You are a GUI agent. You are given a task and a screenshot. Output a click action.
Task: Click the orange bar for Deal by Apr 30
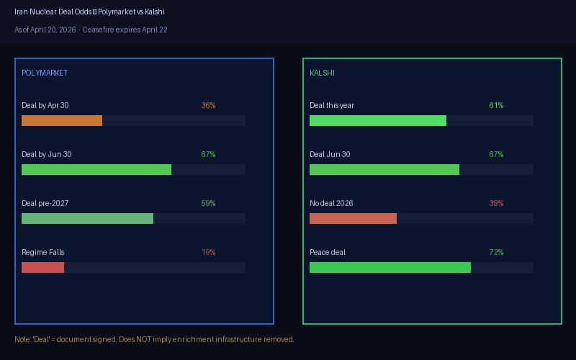tap(62, 120)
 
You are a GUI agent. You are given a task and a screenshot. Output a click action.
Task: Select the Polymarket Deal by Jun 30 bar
tap(96, 169)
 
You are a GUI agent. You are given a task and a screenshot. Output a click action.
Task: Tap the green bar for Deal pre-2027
tap(87, 218)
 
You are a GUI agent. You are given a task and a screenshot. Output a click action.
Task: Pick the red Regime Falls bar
tap(42, 267)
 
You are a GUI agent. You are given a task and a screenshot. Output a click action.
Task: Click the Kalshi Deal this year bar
tap(378, 120)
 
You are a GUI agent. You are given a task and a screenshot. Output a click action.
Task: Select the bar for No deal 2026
tap(353, 218)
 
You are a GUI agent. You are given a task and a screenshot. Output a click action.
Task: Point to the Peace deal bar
tap(390, 267)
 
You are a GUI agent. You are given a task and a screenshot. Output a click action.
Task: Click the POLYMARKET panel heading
tap(45, 73)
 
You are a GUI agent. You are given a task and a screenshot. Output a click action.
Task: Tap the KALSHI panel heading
tap(322, 73)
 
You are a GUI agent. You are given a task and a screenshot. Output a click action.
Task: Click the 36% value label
tap(208, 106)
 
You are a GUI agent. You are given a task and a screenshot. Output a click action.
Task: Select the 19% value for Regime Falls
tap(209, 253)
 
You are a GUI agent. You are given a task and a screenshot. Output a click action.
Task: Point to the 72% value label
tap(496, 253)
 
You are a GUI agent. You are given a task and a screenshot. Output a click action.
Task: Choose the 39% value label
tap(496, 204)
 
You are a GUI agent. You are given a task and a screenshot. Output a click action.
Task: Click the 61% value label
tap(496, 106)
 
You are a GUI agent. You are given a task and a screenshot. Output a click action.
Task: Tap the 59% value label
tap(208, 204)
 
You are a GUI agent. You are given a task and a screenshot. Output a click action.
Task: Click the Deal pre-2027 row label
tap(45, 204)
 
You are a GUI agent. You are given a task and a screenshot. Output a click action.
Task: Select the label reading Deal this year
tap(332, 106)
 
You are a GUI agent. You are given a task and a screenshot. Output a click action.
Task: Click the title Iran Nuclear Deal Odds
tap(90, 13)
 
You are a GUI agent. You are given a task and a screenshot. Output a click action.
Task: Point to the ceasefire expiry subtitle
tap(91, 30)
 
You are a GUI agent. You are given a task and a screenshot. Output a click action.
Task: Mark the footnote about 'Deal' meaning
tap(154, 339)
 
